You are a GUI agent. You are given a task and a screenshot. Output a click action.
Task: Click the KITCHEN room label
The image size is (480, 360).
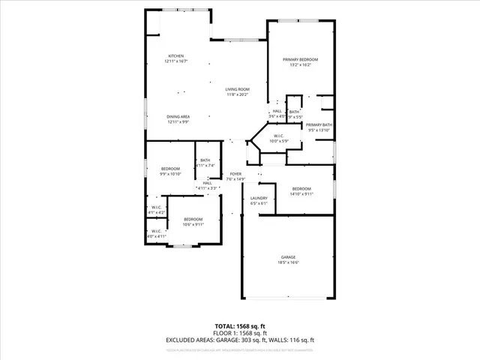coord(176,56)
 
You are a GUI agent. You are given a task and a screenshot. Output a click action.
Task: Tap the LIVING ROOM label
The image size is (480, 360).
coord(238,90)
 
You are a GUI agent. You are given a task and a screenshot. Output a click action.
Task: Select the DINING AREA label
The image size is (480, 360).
coord(178,116)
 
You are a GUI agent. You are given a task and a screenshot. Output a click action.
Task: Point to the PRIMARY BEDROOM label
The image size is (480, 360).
coord(300,59)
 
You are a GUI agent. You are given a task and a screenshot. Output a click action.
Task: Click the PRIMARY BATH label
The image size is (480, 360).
coord(319,125)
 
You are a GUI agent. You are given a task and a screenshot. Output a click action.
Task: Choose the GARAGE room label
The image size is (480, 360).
coord(288,256)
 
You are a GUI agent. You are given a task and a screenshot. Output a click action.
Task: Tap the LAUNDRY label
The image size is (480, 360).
coord(259,198)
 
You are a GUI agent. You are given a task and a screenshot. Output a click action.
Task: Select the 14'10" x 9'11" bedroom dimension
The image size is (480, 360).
coord(301,193)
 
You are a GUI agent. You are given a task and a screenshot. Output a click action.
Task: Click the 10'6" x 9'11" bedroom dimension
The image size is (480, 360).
coord(193,223)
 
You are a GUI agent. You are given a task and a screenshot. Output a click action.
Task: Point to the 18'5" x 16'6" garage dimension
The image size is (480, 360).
coord(288,262)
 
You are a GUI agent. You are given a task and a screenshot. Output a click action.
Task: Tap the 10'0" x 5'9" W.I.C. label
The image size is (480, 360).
coord(279,141)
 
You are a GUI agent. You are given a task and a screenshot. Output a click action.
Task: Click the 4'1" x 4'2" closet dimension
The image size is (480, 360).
coord(157,212)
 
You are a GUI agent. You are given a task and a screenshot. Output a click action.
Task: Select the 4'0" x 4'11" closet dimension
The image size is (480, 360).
coord(157,236)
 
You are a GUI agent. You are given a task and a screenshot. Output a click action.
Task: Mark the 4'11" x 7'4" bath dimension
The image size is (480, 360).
coord(205,165)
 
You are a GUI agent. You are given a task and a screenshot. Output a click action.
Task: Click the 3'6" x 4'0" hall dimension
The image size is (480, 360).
coord(277,116)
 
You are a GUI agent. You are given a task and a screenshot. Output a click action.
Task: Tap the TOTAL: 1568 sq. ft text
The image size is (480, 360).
coord(239,325)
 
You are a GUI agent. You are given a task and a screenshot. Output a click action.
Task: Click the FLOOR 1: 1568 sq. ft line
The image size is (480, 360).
coord(239,332)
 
